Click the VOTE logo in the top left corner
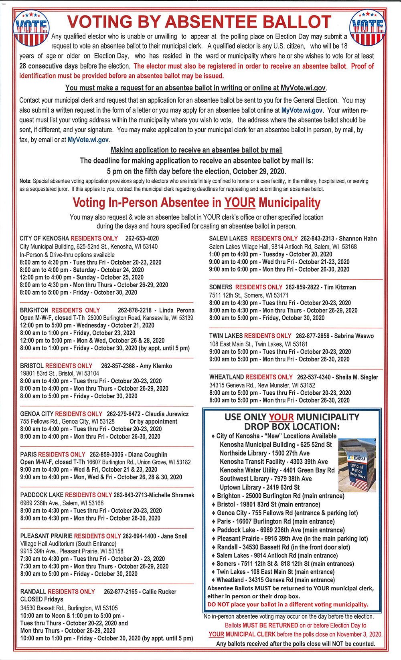(x=31, y=28)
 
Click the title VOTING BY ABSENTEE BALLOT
(x=199, y=22)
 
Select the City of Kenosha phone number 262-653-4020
(x=142, y=238)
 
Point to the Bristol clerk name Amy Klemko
(x=156, y=366)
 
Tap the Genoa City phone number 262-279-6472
(x=124, y=414)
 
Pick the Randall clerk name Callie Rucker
(x=159, y=591)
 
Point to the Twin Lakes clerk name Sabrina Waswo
(x=354, y=336)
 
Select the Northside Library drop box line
(x=265, y=453)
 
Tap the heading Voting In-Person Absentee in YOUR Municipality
(x=196, y=203)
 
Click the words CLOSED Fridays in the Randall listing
(x=42, y=599)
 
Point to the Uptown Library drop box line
(x=259, y=487)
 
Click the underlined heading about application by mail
(x=196, y=150)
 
